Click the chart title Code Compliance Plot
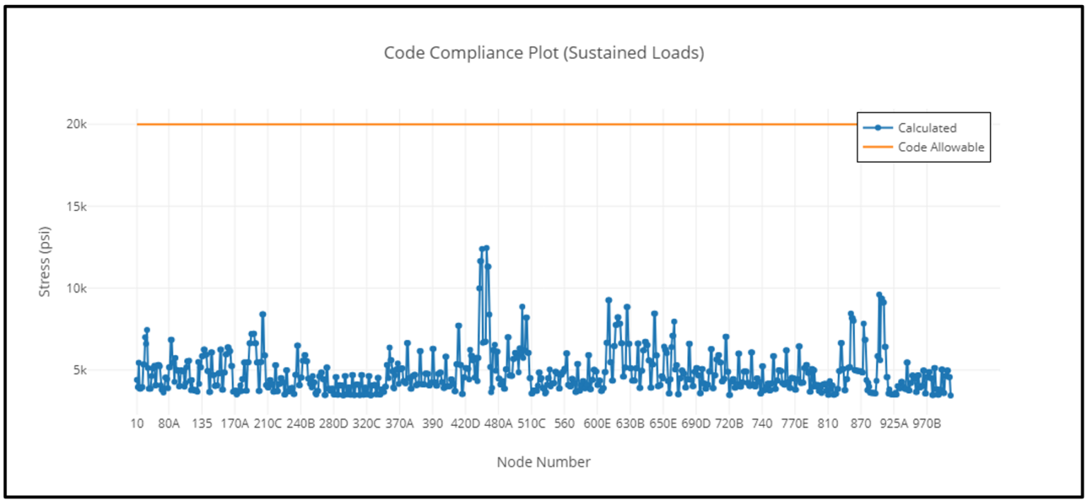(543, 53)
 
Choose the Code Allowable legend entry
(941, 147)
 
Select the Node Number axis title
(543, 462)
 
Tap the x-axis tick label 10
(137, 424)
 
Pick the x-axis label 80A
(169, 424)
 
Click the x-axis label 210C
(268, 424)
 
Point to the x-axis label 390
(432, 424)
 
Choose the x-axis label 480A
(498, 424)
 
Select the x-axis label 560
(564, 424)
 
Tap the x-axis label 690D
(696, 424)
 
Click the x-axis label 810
(827, 424)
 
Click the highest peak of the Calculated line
(486, 248)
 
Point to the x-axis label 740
(761, 424)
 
